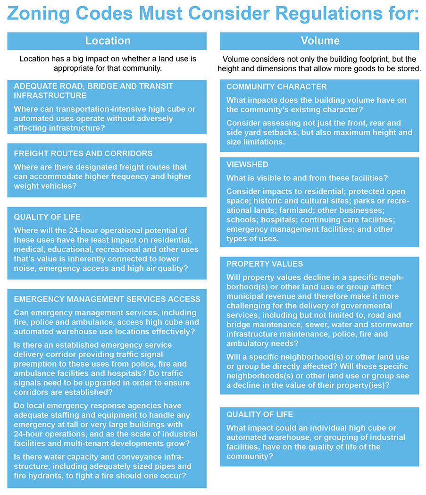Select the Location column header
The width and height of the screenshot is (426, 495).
[x=107, y=41]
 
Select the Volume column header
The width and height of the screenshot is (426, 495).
[x=320, y=41]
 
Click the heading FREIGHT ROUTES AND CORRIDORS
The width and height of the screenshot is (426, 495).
[x=83, y=154]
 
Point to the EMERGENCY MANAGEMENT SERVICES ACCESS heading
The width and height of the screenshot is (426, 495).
[x=107, y=299]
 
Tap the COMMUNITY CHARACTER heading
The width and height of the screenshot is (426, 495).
[x=276, y=87]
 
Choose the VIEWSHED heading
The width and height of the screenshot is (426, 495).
[x=247, y=165]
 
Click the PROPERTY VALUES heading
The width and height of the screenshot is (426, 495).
[x=265, y=264]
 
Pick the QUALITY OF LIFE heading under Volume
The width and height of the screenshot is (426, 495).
[x=259, y=414]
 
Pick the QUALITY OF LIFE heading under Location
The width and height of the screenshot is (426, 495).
[x=47, y=217]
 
